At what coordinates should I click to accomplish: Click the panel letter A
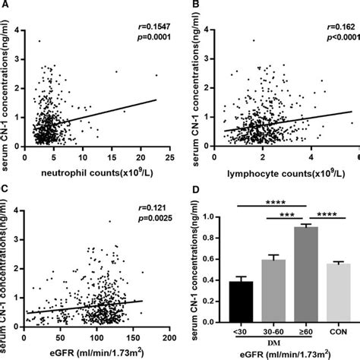(x=5, y=6)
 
